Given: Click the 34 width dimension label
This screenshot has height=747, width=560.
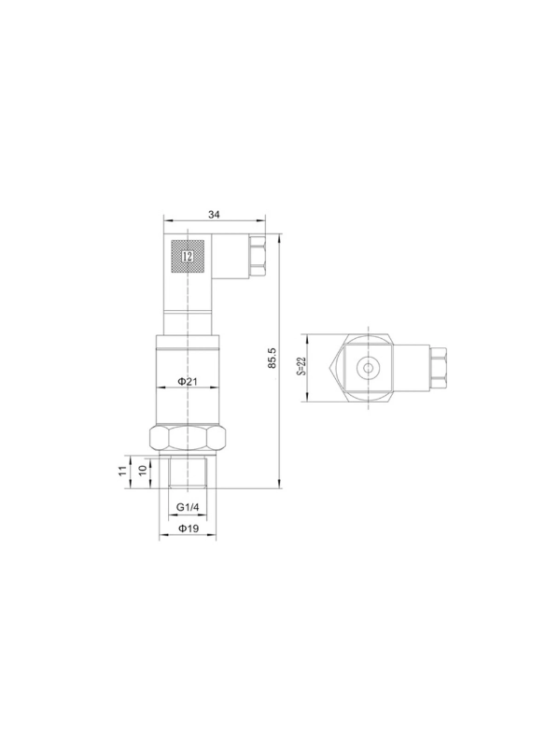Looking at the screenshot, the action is tap(214, 215).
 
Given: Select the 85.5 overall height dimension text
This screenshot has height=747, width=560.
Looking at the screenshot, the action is tap(273, 358).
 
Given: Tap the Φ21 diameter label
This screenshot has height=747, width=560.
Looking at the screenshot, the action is tap(188, 381).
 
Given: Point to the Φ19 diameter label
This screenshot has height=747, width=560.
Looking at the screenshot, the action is tap(189, 529).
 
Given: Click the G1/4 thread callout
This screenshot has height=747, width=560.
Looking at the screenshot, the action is tap(188, 507).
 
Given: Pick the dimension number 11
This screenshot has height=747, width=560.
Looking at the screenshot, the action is tap(123, 472).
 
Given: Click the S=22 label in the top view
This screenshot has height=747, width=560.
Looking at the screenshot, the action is tap(301, 367).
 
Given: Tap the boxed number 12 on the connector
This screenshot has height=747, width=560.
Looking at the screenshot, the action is tap(188, 256).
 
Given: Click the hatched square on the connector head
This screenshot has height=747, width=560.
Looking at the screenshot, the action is tap(188, 256).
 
